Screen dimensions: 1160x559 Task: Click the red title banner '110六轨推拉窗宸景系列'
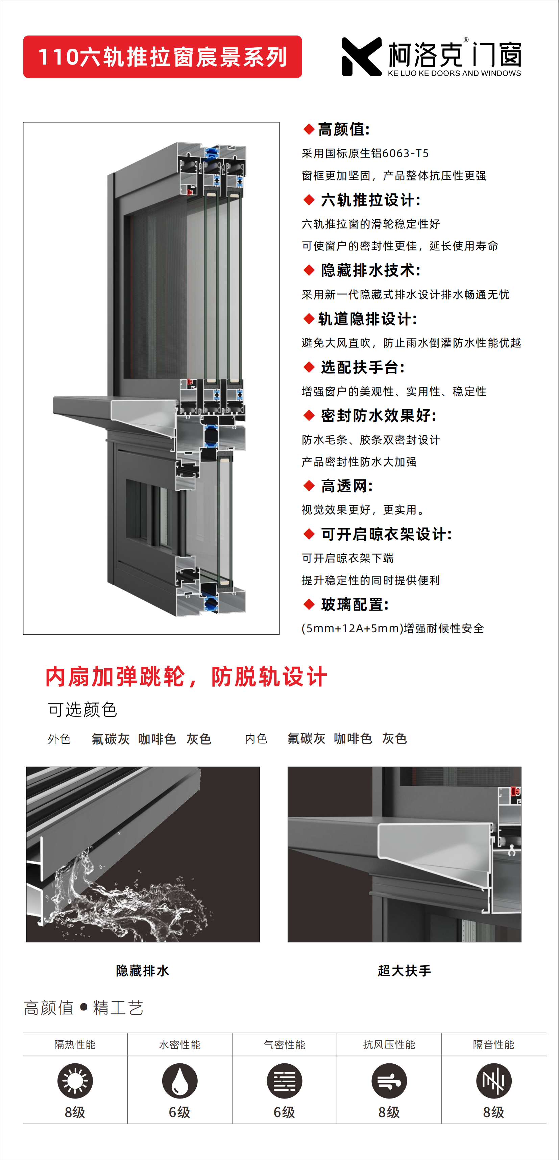pyautogui.click(x=162, y=57)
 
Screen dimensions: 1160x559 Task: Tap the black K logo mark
pyautogui.click(x=361, y=57)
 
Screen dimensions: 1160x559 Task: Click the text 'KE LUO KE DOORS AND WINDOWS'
pyautogui.click(x=454, y=73)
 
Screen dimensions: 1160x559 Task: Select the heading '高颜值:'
pyautogui.click(x=344, y=130)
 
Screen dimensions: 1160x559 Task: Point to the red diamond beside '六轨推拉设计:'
pyautogui.click(x=309, y=200)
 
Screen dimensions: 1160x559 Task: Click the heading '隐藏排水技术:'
pyautogui.click(x=370, y=271)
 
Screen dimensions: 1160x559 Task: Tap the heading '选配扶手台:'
pyautogui.click(x=363, y=367)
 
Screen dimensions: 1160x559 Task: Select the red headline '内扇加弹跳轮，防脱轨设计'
pyautogui.click(x=186, y=677)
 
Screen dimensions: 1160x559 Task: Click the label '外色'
pyautogui.click(x=59, y=739)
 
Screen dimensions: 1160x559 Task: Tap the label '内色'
pyautogui.click(x=256, y=739)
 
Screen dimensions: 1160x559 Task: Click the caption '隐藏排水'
pyautogui.click(x=143, y=970)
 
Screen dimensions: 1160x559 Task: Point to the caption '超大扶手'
pyautogui.click(x=404, y=970)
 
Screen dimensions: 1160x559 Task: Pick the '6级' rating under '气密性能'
pyautogui.click(x=284, y=1112)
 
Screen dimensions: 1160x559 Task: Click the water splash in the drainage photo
pyautogui.click(x=117, y=896)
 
